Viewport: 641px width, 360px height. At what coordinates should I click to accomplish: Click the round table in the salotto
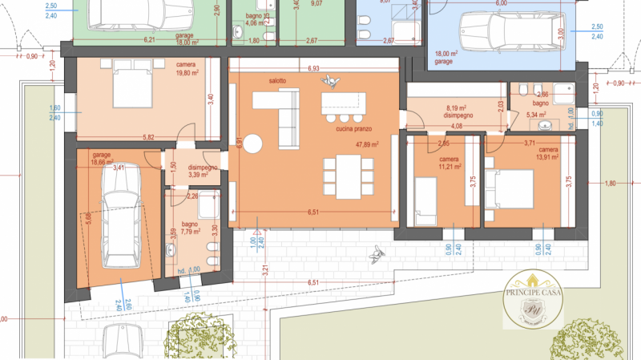[x=254, y=144]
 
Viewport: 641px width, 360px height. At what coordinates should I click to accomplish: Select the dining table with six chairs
[x=349, y=177]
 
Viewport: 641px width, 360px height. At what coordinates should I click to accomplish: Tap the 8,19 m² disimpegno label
[x=455, y=110]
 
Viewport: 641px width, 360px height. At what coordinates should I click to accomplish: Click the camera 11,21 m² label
[x=449, y=164]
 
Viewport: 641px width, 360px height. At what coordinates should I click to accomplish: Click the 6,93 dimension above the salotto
[x=313, y=69]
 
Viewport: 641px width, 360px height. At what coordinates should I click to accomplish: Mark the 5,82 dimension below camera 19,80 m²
[x=148, y=136]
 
